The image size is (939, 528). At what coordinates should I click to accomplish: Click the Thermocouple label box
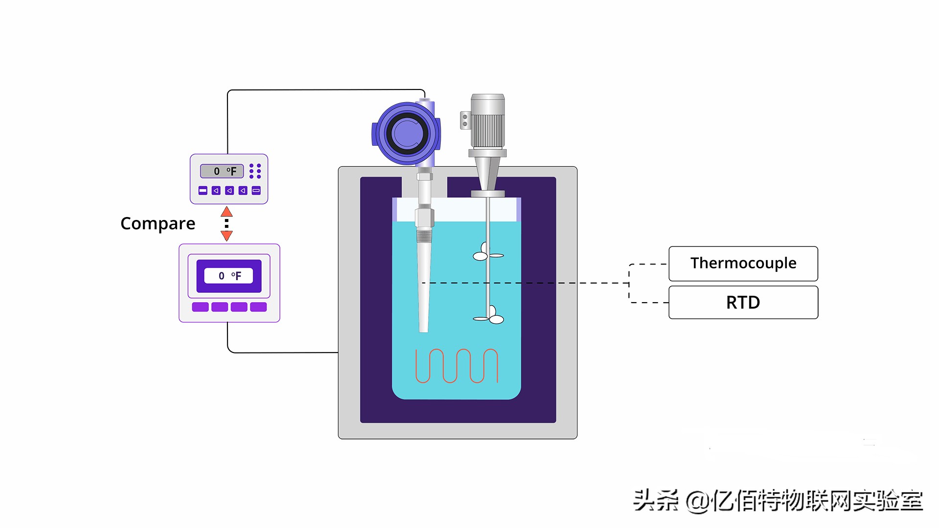pos(743,264)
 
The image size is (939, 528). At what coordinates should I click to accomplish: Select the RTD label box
pos(743,303)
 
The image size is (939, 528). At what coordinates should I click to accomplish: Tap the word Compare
pos(157,223)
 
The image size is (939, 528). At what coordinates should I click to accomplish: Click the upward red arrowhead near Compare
pos(226,212)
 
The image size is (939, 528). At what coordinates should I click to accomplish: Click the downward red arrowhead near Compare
pos(226,236)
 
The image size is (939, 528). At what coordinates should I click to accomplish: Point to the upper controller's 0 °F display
pos(222,171)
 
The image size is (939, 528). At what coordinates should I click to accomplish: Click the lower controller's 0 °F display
pos(229,276)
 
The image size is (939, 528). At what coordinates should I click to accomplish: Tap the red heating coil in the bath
pos(456,366)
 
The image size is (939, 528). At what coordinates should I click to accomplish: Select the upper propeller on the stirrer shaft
pos(487,252)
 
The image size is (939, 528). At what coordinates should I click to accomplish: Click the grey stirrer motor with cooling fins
pos(487,122)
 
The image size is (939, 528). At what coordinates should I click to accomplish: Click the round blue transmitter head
pos(406,133)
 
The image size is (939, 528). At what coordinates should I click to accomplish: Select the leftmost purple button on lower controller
pos(200,307)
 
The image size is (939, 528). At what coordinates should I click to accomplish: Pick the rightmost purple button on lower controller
pos(258,307)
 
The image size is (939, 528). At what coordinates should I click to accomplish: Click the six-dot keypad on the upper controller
pos(255,171)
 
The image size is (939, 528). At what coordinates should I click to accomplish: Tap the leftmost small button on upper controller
pos(203,191)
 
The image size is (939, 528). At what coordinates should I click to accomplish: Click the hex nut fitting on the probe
pos(424,217)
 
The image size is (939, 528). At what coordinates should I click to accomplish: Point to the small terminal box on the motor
pos(465,120)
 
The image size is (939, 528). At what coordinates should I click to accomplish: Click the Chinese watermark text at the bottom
pos(778,501)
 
